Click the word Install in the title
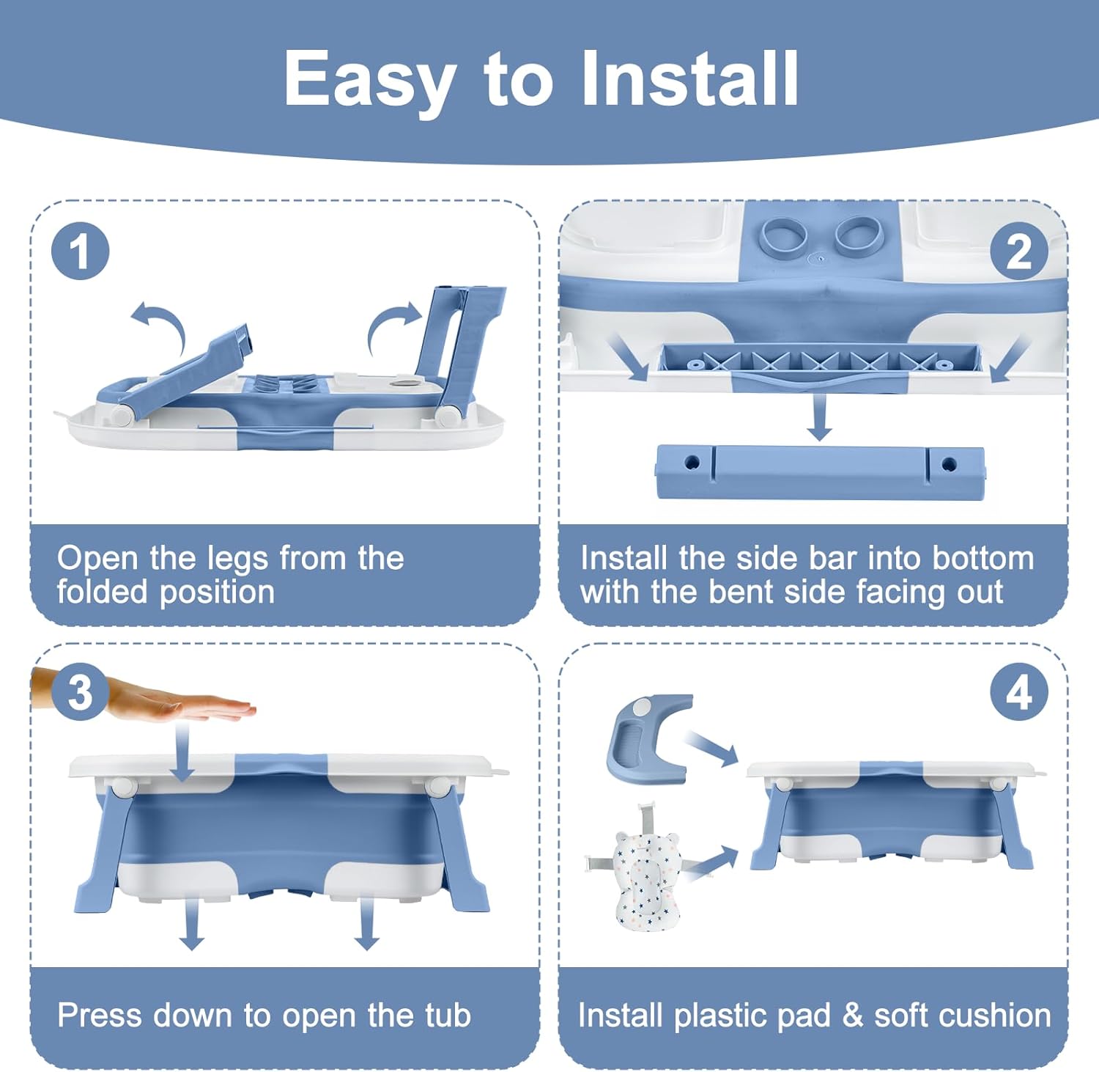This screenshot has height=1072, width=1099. (689, 78)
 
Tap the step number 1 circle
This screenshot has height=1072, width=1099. (80, 251)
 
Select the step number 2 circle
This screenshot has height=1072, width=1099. (1018, 251)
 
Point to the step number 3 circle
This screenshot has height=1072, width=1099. (80, 692)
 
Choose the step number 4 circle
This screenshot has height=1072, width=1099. (1018, 692)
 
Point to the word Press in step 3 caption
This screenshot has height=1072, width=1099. (100, 1016)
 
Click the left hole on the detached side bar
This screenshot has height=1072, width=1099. (692, 463)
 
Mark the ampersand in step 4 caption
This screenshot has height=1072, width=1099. (852, 1016)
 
